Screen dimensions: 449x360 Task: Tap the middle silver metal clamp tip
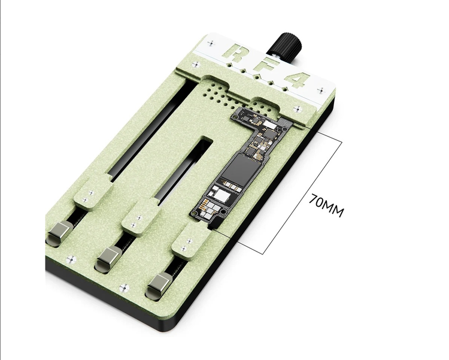click(110, 258)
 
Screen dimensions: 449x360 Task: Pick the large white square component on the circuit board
click(222, 195)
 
